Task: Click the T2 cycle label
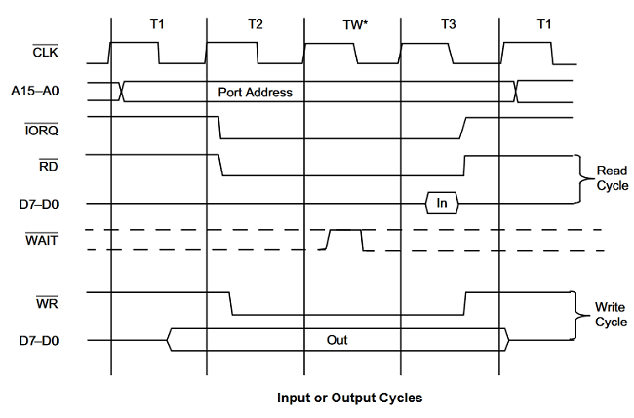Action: [255, 23]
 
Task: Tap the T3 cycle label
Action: [449, 23]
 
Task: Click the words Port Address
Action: [256, 93]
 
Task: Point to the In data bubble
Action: [441, 204]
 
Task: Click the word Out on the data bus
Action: [337, 341]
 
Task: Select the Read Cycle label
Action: [611, 177]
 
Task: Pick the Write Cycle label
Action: [611, 315]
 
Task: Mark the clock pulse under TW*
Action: [329, 54]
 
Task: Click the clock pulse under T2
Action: [232, 54]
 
